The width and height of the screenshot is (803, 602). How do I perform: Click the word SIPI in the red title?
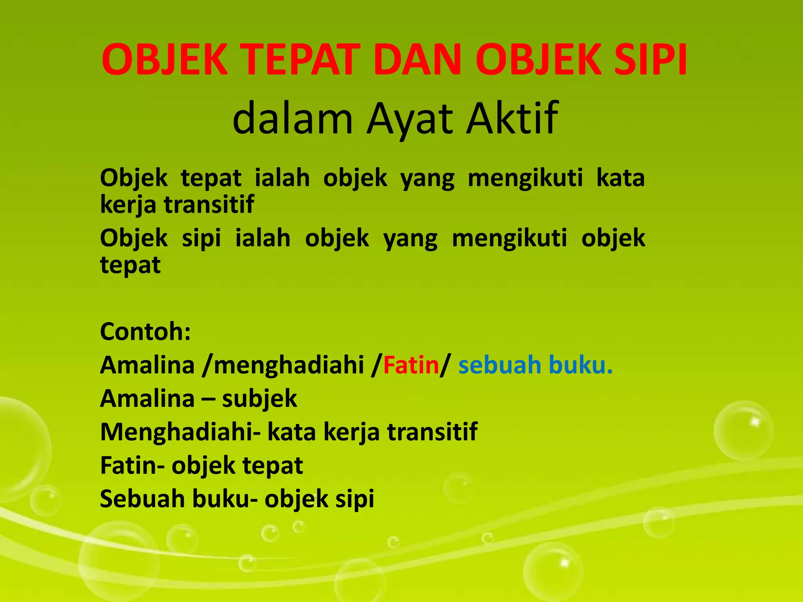tap(650, 60)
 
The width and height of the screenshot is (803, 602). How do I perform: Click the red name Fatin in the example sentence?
tap(411, 365)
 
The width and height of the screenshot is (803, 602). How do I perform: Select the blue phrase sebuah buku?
tap(535, 365)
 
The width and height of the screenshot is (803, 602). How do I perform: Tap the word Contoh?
tap(145, 332)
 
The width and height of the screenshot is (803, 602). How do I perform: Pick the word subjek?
tap(260, 399)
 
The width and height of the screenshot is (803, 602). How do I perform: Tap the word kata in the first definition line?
tap(620, 178)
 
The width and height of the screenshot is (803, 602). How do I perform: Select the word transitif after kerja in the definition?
tap(209, 204)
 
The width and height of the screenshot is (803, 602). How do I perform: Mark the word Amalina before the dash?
tap(147, 399)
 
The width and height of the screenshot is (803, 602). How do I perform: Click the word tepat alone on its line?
tap(131, 265)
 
